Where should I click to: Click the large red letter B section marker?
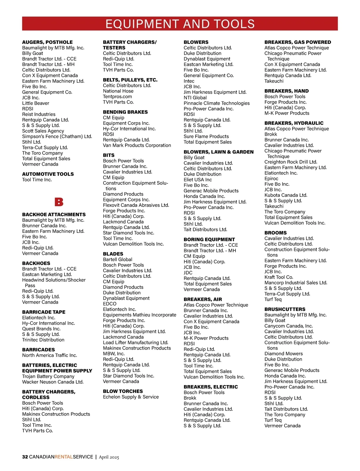[59, 202]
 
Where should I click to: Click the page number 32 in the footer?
[25, 457]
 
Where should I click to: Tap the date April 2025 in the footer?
[109, 457]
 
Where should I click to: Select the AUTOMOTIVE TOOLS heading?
[48, 174]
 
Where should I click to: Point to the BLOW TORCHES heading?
[123, 391]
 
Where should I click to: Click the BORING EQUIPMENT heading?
[209, 239]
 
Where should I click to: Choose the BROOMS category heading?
[275, 233]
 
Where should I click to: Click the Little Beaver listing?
[36, 103]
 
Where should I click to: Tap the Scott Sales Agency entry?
[43, 131]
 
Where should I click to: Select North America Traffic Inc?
[49, 355]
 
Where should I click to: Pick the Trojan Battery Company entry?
[48, 376]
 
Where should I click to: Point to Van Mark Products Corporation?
[137, 145]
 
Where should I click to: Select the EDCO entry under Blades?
[109, 304]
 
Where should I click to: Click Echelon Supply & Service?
[131, 397]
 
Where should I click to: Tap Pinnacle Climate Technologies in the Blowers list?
[217, 103]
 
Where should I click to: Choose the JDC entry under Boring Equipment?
[188, 273]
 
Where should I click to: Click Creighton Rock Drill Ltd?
[291, 162]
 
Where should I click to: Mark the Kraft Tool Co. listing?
[279, 277]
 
